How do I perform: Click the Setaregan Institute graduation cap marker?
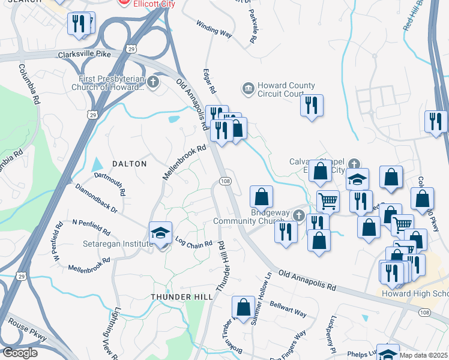tap(160, 233)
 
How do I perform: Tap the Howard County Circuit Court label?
tap(281, 89)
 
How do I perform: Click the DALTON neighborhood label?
tap(129, 163)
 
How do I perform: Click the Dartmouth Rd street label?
tap(110, 185)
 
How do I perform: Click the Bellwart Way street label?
tap(288, 309)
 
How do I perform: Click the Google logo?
tap(20, 353)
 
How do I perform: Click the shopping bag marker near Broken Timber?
tap(243, 308)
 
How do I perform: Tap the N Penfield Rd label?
tap(91, 226)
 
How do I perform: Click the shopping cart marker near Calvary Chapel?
tap(328, 201)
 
